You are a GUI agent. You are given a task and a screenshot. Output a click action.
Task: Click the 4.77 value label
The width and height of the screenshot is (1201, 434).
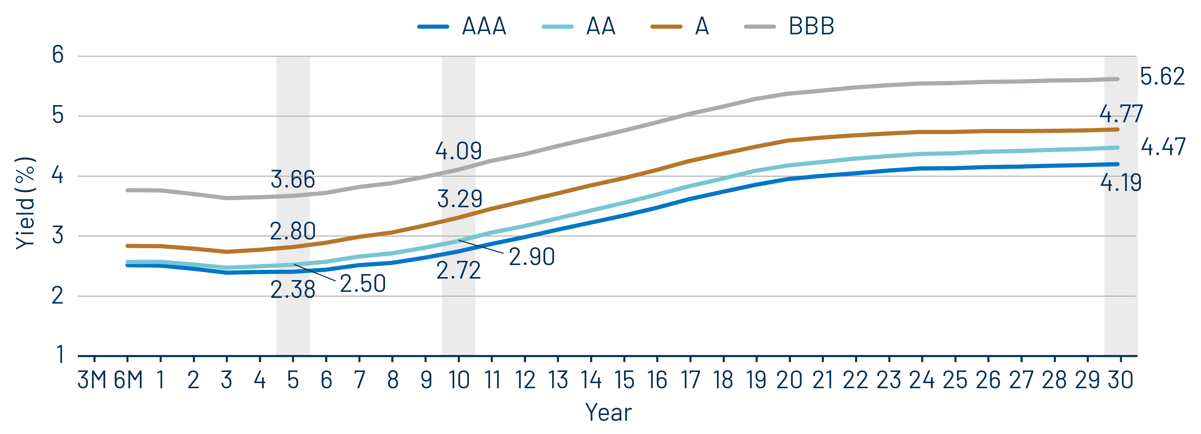point(1121,114)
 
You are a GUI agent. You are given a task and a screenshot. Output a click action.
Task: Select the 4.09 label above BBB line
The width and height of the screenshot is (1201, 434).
point(458,151)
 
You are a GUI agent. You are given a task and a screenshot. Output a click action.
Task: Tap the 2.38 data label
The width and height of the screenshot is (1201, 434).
point(293,290)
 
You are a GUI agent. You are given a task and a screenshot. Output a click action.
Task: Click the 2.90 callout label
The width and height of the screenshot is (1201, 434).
point(531,257)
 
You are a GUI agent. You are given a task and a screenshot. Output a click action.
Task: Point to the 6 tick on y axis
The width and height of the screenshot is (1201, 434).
point(58,55)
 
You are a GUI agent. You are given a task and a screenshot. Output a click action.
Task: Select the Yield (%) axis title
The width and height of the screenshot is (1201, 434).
point(25,203)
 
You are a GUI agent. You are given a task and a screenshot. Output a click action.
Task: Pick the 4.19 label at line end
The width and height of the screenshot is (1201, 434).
point(1121,183)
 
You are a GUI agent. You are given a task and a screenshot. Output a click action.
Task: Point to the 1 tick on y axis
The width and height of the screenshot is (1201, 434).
point(60,355)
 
